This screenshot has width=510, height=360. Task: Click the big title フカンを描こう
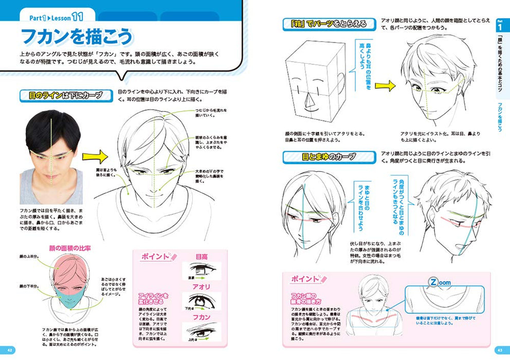pos(77,38)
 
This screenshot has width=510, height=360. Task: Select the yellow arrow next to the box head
pos(384,86)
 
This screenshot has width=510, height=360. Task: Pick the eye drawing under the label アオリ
pos(202,301)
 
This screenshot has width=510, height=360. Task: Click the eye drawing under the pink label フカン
pos(202,331)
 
